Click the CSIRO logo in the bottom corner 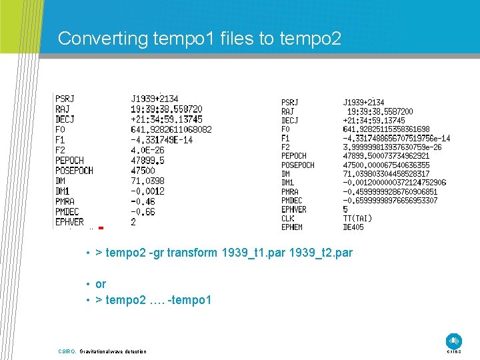point(454,341)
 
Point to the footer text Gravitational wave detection point(113,351)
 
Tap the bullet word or point(101,284)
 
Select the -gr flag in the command point(155,253)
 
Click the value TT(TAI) point(358,218)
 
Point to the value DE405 point(355,227)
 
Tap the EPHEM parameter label point(292,227)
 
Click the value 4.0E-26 point(147,150)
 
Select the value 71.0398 point(147,181)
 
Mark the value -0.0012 point(147,191)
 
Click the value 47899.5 point(147,160)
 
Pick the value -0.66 point(143,211)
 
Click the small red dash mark point(101,228)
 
